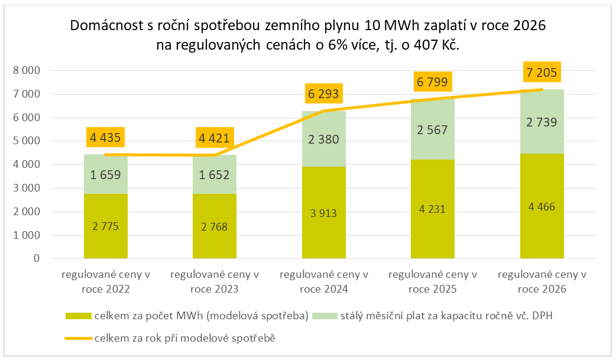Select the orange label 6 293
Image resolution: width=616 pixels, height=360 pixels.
pyautogui.click(x=324, y=94)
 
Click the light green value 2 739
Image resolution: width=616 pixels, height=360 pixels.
pyautogui.click(x=542, y=122)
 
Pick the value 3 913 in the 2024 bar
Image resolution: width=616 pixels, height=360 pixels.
pyautogui.click(x=324, y=213)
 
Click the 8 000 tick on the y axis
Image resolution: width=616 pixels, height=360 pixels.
pyautogui.click(x=27, y=71)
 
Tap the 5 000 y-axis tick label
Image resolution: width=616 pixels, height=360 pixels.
pyautogui.click(x=27, y=141)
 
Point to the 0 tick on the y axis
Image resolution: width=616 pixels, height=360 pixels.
pyautogui.click(x=37, y=259)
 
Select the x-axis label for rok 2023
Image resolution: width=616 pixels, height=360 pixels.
pyautogui.click(x=215, y=282)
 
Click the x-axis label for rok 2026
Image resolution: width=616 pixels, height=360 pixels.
pyautogui.click(x=542, y=282)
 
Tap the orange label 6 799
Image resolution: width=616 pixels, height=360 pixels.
pyautogui.click(x=433, y=82)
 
